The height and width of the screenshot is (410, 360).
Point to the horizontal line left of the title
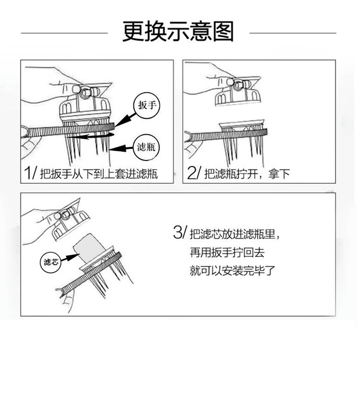coord(64,34)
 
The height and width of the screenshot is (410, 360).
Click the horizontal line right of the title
coord(293,34)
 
